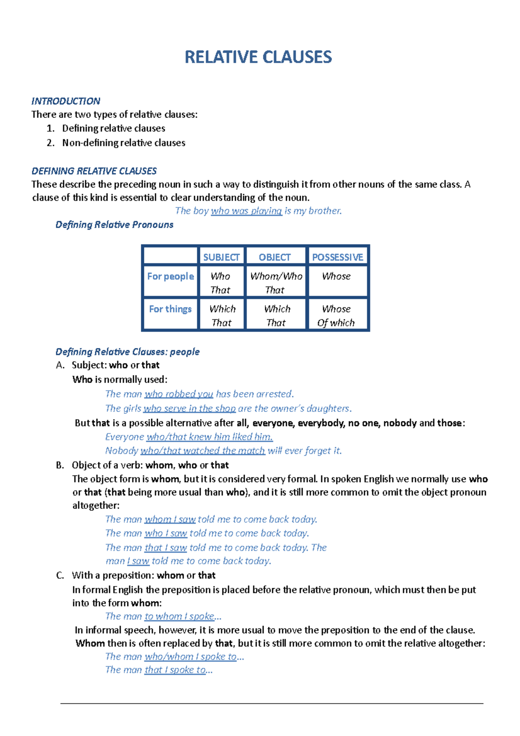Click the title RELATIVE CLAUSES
(258, 57)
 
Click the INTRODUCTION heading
(65, 101)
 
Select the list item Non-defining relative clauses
(123, 143)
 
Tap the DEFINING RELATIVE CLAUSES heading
(94, 171)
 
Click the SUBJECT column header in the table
(221, 257)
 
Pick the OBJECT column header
(275, 257)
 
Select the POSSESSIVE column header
(338, 257)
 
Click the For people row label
(170, 276)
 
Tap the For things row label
(170, 309)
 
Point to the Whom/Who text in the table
(276, 276)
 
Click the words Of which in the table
(336, 322)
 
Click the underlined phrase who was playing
(246, 211)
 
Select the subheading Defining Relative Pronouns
(114, 225)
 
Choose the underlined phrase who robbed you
(179, 394)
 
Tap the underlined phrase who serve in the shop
(189, 408)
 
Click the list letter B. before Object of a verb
(60, 465)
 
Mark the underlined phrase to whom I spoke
(179, 616)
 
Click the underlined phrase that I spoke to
(175, 670)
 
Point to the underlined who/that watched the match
(202, 451)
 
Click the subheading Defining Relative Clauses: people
(127, 352)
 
